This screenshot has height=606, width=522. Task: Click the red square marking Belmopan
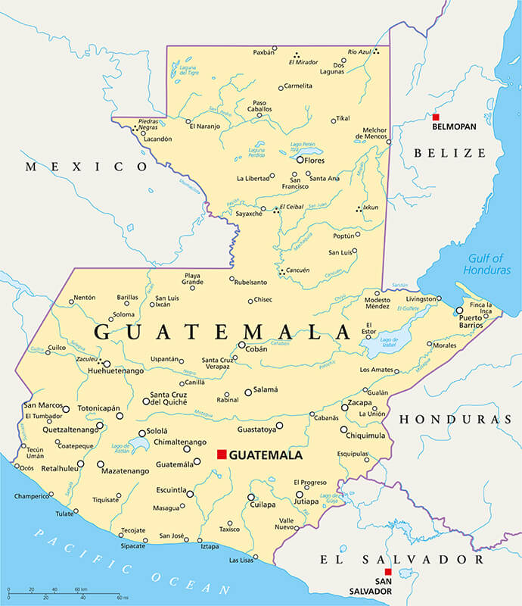click(x=436, y=117)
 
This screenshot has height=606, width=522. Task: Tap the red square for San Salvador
click(x=388, y=572)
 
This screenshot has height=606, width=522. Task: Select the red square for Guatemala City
click(x=221, y=454)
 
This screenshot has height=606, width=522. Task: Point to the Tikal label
click(x=343, y=118)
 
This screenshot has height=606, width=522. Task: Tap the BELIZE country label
click(x=449, y=153)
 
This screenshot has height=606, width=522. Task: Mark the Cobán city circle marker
click(x=241, y=345)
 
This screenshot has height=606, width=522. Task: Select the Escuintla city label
click(x=170, y=490)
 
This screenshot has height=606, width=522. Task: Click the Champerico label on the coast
click(x=32, y=497)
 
